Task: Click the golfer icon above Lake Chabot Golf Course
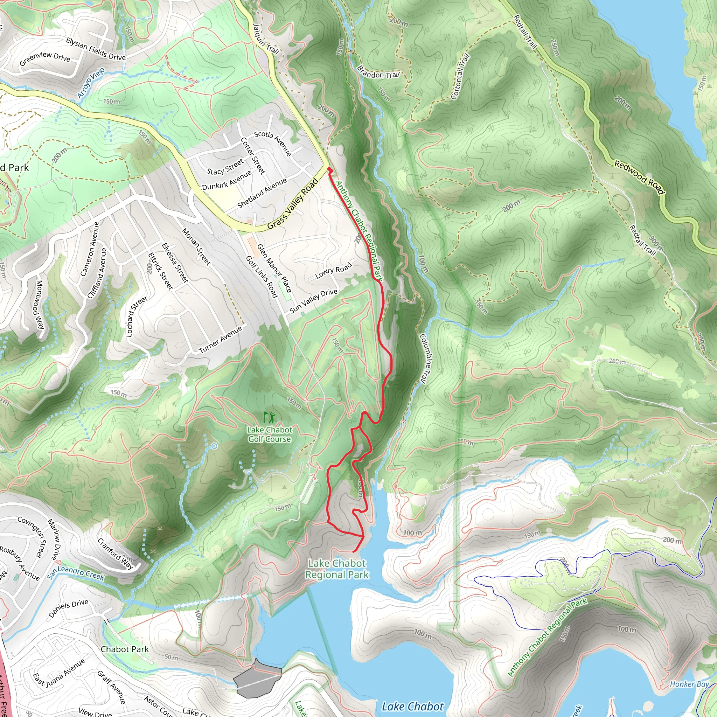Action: [x=269, y=418]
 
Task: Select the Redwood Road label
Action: [x=639, y=177]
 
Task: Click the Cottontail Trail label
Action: [x=460, y=77]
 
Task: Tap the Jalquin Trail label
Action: [x=265, y=39]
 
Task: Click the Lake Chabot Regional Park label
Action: [x=337, y=569]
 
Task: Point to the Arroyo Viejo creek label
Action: [x=91, y=82]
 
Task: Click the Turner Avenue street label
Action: [x=221, y=339]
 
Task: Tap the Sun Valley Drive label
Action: [x=314, y=301]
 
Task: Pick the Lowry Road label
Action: [x=333, y=271]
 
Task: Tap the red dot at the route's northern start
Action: [x=329, y=169]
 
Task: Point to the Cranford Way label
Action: [x=115, y=554]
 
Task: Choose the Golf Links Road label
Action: [x=262, y=277]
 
